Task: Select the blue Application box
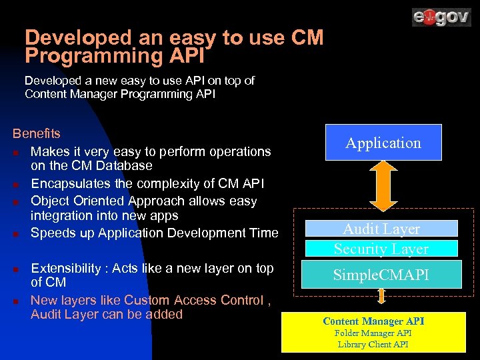383,143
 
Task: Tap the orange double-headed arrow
383,186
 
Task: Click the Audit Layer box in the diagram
381,229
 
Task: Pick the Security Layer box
381,249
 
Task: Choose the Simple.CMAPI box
381,275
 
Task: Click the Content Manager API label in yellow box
373,321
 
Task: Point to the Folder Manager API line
373,333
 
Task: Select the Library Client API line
373,344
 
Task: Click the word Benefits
37,134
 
